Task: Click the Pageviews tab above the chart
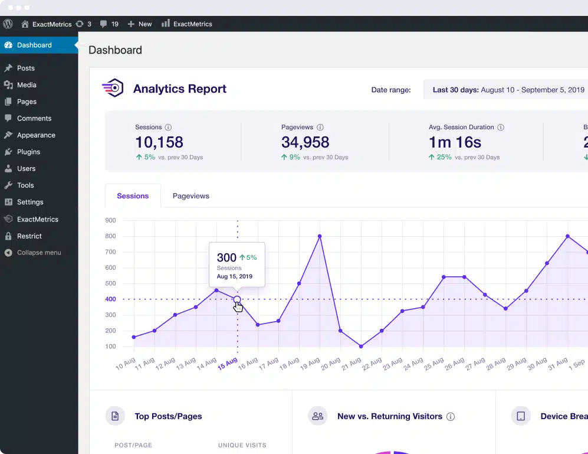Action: click(x=190, y=196)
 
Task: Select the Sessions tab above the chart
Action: click(x=133, y=196)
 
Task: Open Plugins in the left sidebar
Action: click(x=28, y=152)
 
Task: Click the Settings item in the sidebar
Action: click(x=30, y=202)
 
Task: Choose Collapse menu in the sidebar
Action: click(x=38, y=253)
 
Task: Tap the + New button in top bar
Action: click(x=140, y=24)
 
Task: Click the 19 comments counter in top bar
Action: click(x=110, y=24)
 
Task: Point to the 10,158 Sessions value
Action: click(x=159, y=142)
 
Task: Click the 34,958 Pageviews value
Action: click(x=305, y=142)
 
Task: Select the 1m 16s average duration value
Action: click(x=455, y=142)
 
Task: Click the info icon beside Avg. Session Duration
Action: click(x=501, y=128)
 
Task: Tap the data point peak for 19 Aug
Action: click(x=320, y=236)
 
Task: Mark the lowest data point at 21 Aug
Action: click(x=361, y=347)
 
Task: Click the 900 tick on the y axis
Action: click(x=110, y=220)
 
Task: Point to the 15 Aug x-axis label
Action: click(x=228, y=364)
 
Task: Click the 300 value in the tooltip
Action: click(x=226, y=257)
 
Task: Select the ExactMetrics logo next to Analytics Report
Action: click(x=113, y=89)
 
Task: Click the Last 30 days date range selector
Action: click(x=507, y=90)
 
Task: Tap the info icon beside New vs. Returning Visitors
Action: click(x=451, y=417)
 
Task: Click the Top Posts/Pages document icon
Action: click(x=115, y=416)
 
